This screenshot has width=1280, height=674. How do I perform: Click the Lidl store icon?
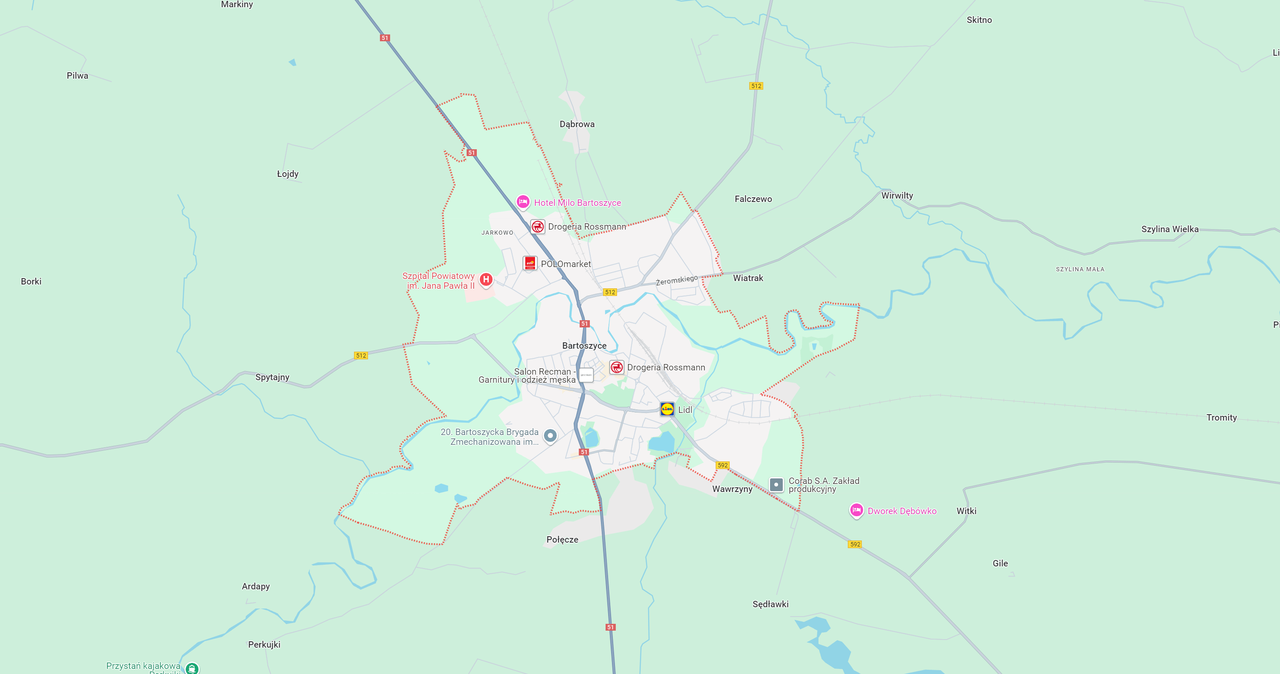pos(667,409)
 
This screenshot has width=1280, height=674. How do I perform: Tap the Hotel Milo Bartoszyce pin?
pos(523,202)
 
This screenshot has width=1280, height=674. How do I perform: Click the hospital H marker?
pos(486,280)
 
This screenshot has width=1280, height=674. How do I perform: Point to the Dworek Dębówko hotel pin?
pos(856,510)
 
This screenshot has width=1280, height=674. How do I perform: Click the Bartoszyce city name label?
pos(584,345)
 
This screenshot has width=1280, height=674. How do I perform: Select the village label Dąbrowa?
pos(577,124)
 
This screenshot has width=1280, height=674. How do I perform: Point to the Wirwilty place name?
pos(897,195)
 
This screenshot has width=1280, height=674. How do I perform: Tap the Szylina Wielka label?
pos(1169,229)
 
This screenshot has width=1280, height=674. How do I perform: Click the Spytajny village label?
pos(272,377)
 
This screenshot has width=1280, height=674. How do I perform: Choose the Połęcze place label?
pos(562,539)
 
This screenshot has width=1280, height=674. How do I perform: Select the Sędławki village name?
pos(770,604)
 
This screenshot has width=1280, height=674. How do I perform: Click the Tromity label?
pos(1221,418)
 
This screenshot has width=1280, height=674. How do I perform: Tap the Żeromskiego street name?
pos(677,280)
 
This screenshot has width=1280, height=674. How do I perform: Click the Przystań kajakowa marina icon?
pos(192,668)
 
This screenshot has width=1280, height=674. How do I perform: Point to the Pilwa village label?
pos(77,76)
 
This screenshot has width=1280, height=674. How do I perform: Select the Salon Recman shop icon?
pos(586,375)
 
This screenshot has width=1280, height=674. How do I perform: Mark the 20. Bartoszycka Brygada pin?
pos(550,435)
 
